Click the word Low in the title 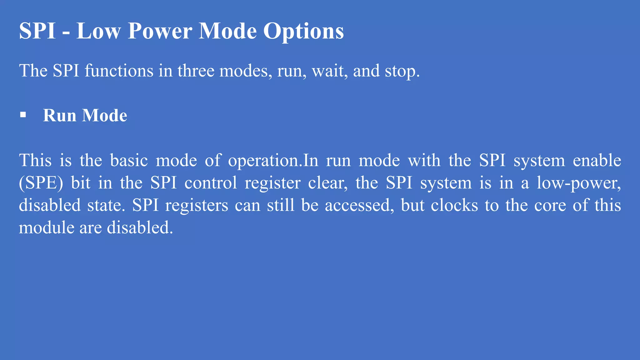click(x=98, y=31)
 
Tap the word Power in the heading click(x=160, y=31)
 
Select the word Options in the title click(x=303, y=31)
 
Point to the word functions click(x=119, y=71)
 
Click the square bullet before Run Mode click(x=23, y=115)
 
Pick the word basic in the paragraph click(x=129, y=160)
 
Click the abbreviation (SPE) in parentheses click(x=41, y=183)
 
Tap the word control click(x=211, y=183)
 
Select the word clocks click(x=454, y=205)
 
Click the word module click(x=46, y=227)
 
